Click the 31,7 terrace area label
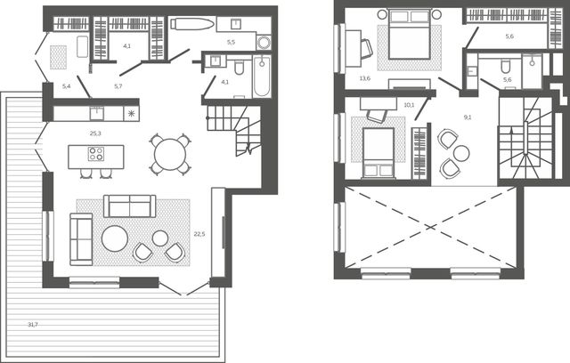(x=33, y=325)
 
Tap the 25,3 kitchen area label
(x=95, y=133)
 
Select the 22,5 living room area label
(x=199, y=234)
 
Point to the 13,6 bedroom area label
(x=364, y=78)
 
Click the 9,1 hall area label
(x=468, y=117)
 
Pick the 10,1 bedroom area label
(x=409, y=105)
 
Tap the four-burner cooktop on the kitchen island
(x=96, y=154)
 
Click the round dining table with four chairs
(x=170, y=155)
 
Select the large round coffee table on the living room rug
(x=115, y=238)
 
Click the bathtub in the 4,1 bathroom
(x=262, y=77)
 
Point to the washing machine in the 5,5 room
(x=264, y=42)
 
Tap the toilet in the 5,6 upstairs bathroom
(x=505, y=66)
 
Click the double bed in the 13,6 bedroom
(x=410, y=34)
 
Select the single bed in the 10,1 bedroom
(x=379, y=153)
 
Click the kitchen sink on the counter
(x=97, y=113)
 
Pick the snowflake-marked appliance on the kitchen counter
(x=131, y=114)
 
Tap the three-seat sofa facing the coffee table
(x=130, y=206)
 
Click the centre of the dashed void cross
(x=431, y=227)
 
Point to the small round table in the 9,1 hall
(x=461, y=153)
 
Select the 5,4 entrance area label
(x=66, y=86)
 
